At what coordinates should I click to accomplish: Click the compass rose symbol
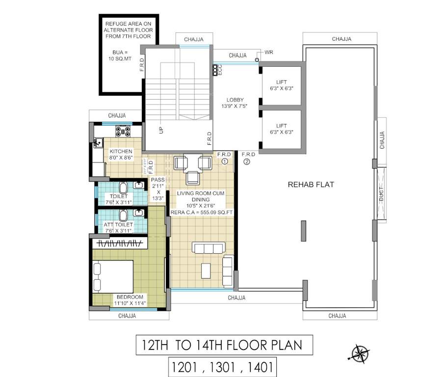pos(361,353)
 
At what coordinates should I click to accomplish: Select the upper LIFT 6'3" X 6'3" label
pos(282,85)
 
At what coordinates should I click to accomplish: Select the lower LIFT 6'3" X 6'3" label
pos(282,129)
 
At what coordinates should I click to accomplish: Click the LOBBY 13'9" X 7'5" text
pos(235,103)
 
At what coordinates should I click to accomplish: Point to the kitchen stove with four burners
pos(122,131)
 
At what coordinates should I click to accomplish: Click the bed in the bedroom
pos(113,276)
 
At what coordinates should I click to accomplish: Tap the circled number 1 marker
pos(225,161)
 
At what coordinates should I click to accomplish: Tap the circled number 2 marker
pos(247,161)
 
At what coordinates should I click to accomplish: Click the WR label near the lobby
pos(268,52)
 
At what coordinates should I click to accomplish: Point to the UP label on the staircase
pos(160,130)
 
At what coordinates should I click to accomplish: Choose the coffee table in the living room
pos(206,270)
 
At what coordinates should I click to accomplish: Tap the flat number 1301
pos(221,366)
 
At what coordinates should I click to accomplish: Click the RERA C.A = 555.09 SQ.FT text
pos(201,213)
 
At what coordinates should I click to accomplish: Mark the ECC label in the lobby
pos(219,70)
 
